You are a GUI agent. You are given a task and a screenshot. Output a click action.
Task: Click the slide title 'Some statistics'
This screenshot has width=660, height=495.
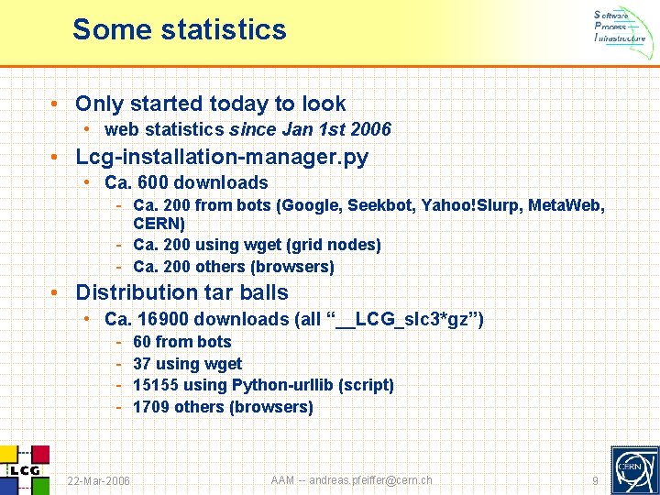(x=180, y=29)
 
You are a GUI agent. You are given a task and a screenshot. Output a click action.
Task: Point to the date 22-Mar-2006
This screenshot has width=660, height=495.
(x=99, y=481)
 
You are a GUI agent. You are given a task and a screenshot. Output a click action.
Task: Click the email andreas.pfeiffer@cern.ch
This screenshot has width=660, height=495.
(x=370, y=480)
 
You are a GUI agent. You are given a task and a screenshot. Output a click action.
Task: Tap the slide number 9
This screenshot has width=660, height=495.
(x=595, y=481)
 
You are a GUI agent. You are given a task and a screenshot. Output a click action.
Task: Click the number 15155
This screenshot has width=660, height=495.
(x=157, y=385)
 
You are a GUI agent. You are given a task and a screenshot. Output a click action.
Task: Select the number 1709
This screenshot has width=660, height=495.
(x=152, y=407)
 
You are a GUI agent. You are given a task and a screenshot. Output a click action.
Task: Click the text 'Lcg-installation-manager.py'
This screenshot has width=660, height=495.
(x=222, y=157)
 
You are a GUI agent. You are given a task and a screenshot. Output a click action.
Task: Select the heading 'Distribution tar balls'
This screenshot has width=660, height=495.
(x=181, y=292)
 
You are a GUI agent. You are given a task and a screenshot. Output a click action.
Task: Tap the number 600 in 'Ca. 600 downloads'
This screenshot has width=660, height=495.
(x=153, y=182)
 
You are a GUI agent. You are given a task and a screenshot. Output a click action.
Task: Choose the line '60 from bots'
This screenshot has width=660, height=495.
(x=182, y=342)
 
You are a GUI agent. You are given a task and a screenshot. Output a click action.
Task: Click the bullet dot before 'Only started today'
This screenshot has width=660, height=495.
(x=56, y=104)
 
